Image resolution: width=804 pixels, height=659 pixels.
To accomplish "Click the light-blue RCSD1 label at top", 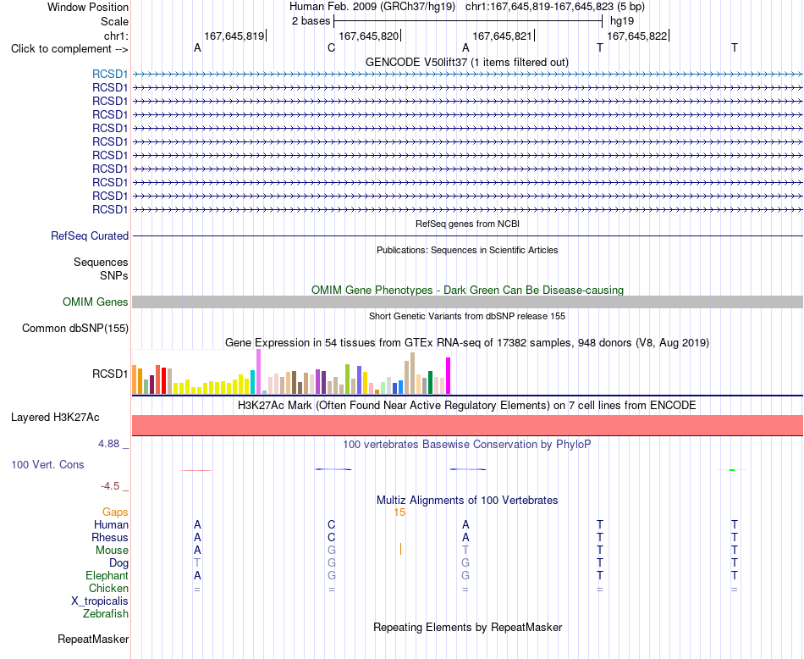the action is coord(110,75).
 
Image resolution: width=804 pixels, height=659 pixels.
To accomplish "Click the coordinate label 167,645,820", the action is coord(369,36).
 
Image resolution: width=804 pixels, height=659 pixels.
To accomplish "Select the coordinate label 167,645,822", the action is coord(636,36).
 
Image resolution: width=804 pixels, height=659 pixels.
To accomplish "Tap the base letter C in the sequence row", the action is coord(331,48).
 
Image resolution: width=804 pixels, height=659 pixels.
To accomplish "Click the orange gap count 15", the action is coord(399,512).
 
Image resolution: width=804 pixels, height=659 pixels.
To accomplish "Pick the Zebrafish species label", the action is coord(106,614).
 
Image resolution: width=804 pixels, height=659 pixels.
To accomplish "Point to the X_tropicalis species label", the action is coord(100,601).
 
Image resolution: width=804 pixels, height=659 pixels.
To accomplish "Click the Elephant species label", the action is coord(107,576).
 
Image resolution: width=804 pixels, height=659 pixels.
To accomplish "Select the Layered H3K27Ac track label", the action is coord(55,418).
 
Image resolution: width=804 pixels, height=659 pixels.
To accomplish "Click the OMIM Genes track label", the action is coord(95,302).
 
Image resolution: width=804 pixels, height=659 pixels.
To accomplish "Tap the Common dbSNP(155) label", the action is coord(74,329).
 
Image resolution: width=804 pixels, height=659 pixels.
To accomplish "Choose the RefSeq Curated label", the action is coord(89,236).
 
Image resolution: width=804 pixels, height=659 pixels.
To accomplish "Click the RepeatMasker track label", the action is coord(93,639).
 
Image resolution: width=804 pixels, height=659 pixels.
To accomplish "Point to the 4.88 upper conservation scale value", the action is coord(108,444).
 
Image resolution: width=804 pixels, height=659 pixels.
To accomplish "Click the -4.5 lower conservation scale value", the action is coord(110,486).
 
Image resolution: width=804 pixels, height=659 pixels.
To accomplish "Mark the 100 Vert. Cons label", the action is coord(47,464).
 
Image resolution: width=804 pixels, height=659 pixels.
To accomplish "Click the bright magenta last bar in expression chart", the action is coord(449,376).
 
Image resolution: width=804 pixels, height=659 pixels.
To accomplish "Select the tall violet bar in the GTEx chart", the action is coord(258,372).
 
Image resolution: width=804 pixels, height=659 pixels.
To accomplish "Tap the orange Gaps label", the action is coord(115,512).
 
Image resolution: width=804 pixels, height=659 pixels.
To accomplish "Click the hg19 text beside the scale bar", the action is coord(622,21).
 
